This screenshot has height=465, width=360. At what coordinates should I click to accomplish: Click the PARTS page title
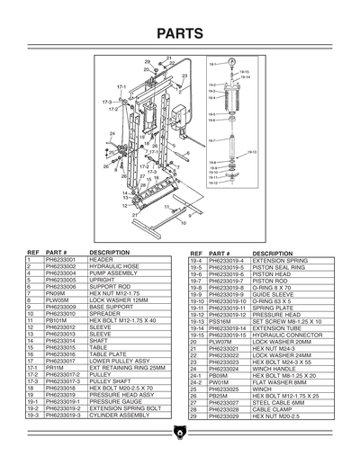click(x=179, y=34)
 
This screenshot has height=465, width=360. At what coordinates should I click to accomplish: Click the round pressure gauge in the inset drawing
click(x=232, y=64)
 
